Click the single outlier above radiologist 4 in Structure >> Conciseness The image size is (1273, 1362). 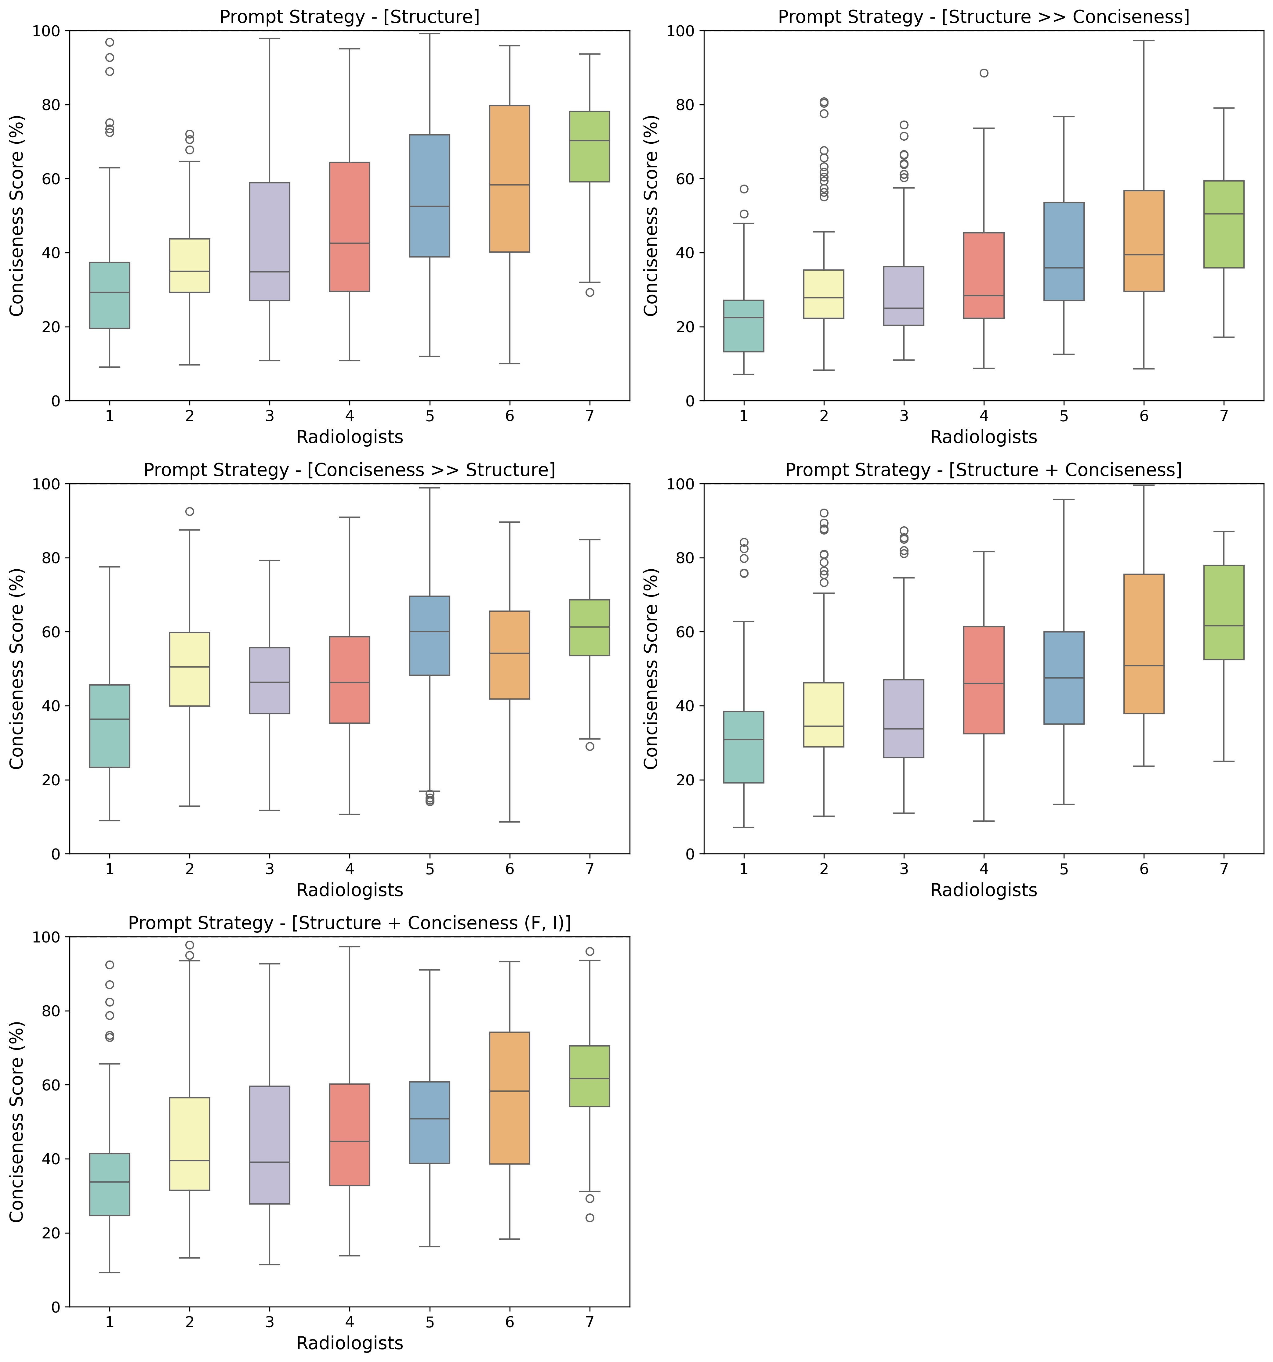[984, 73]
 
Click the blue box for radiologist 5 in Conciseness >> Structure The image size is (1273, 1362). [430, 636]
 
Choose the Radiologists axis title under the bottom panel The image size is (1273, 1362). [350, 1343]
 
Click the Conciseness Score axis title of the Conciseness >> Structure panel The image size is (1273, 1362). [17, 669]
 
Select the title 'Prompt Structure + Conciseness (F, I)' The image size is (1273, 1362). [350, 923]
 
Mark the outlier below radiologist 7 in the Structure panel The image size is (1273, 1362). [589, 293]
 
